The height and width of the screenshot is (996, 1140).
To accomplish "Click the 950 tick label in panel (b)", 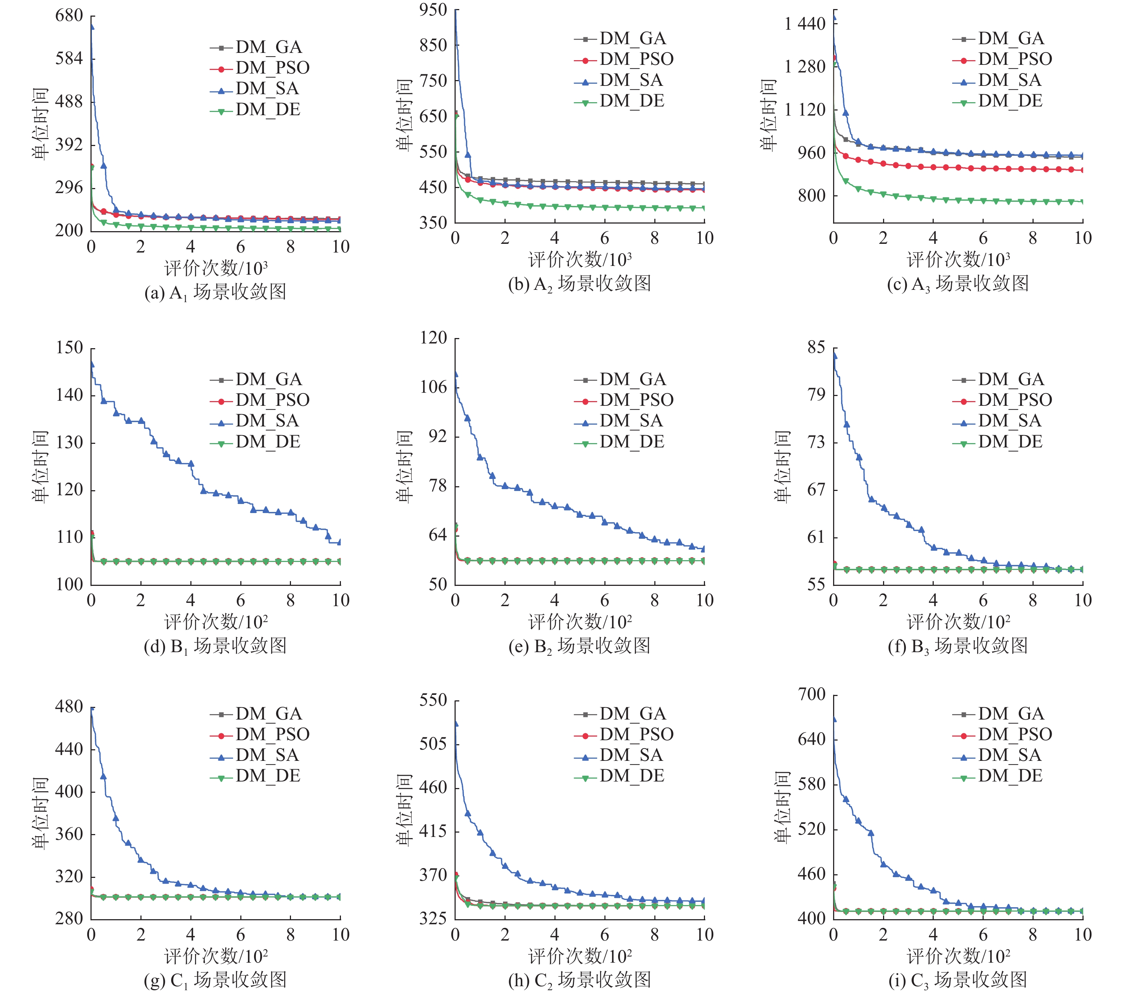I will tap(433, 10).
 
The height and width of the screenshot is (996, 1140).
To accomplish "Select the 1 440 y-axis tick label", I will tap(805, 24).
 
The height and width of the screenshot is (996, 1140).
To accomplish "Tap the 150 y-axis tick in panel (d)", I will tap(69, 348).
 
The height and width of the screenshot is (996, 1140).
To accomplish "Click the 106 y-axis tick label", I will tap(433, 387).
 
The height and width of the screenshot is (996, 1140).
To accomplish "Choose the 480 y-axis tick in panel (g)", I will tap(69, 707).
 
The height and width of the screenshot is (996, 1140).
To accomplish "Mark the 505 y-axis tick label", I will tap(433, 744).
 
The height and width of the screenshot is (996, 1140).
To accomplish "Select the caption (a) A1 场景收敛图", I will tap(215, 292).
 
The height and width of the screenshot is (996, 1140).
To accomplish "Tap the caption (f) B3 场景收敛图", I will tap(958, 646).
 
